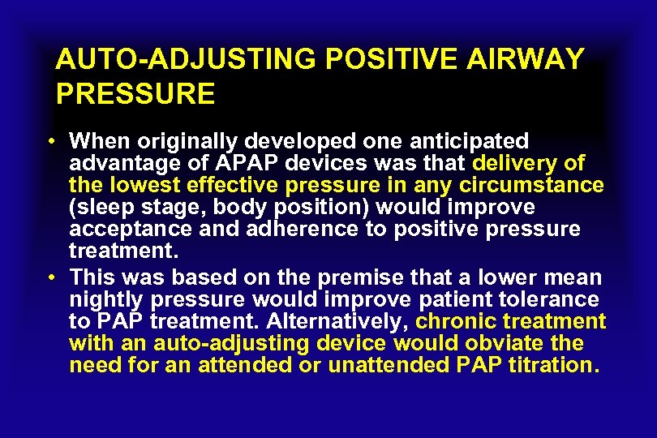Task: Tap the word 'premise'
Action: point(376,278)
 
